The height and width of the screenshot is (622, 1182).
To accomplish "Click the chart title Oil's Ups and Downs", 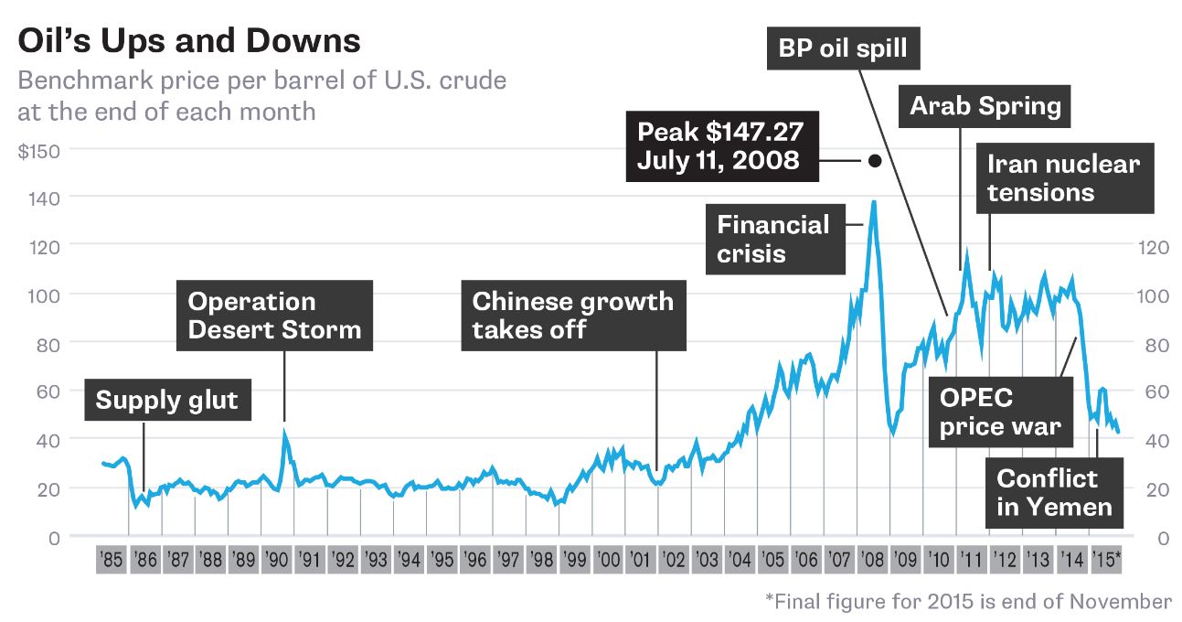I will [189, 41].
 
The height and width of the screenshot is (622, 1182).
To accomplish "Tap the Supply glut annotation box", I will [167, 400].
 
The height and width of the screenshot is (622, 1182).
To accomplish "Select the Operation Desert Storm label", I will [275, 316].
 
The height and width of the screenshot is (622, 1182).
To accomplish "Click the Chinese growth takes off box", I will [573, 316].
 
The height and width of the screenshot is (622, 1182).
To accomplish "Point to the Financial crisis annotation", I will [774, 239].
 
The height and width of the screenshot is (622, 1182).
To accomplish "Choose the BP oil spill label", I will [843, 48].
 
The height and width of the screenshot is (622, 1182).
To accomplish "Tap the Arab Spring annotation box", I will [985, 106].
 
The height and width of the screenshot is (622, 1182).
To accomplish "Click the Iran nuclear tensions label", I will [1064, 178].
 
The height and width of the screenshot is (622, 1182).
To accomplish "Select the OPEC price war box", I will [1001, 412].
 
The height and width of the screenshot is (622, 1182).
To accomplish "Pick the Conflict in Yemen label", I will [1054, 492].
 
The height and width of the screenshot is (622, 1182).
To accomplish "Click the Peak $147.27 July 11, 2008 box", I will [721, 145].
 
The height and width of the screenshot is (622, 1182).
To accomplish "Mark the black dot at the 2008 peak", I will [874, 160].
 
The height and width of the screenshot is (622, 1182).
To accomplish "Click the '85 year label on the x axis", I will [112, 559].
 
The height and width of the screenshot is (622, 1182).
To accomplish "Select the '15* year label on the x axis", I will [1107, 559].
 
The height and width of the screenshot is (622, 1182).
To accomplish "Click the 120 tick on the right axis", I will [1150, 246].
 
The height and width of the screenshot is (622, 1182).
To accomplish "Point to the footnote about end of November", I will [968, 601].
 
